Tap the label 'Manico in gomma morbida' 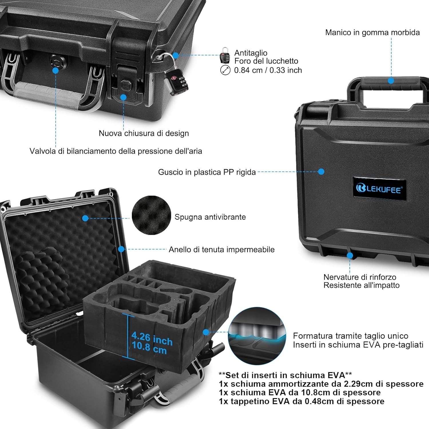(x=372, y=32)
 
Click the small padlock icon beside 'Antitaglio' (x=225, y=55)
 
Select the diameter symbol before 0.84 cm (x=225, y=70)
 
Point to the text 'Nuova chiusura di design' (x=144, y=133)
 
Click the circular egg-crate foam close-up (x=151, y=215)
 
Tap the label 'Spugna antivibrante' (x=210, y=217)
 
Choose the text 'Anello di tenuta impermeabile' (x=222, y=250)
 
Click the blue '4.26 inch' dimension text (x=152, y=339)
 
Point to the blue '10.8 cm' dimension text (x=149, y=348)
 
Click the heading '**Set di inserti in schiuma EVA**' (x=285, y=375)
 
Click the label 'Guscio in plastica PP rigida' (x=207, y=172)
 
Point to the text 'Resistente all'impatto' (x=362, y=285)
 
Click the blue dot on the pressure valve (x=56, y=70)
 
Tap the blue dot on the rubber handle (x=391, y=81)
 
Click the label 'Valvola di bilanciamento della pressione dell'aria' (x=116, y=151)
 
